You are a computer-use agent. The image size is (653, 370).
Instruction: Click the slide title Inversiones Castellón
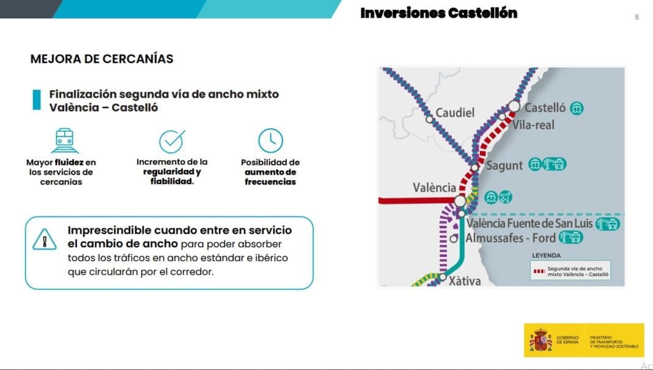click(438, 13)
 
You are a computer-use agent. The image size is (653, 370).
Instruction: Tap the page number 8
click(636, 17)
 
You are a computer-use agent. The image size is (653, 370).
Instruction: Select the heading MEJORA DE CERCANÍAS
click(101, 59)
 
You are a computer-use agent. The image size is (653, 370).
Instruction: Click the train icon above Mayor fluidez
click(65, 140)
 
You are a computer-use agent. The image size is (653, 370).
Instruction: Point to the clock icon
click(271, 140)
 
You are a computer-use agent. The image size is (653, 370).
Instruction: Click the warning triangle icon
click(45, 239)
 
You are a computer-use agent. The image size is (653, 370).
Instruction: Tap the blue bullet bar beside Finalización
click(37, 100)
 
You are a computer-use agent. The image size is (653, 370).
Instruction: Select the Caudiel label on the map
click(455, 113)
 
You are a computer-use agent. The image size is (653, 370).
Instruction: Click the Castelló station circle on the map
click(514, 106)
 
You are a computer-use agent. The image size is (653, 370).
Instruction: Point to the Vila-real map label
click(533, 125)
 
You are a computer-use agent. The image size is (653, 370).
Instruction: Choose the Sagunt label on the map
click(504, 165)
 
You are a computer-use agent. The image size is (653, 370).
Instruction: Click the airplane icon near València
click(506, 197)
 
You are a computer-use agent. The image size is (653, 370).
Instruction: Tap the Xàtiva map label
click(465, 281)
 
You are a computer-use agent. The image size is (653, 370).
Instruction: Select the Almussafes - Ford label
click(511, 238)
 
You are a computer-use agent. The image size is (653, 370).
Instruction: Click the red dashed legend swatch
click(539, 272)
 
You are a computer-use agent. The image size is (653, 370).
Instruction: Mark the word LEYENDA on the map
click(547, 255)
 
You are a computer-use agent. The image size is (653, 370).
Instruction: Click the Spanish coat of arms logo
click(540, 340)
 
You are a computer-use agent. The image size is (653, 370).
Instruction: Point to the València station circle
click(460, 201)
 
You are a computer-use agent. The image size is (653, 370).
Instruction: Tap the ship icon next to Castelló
click(577, 108)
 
